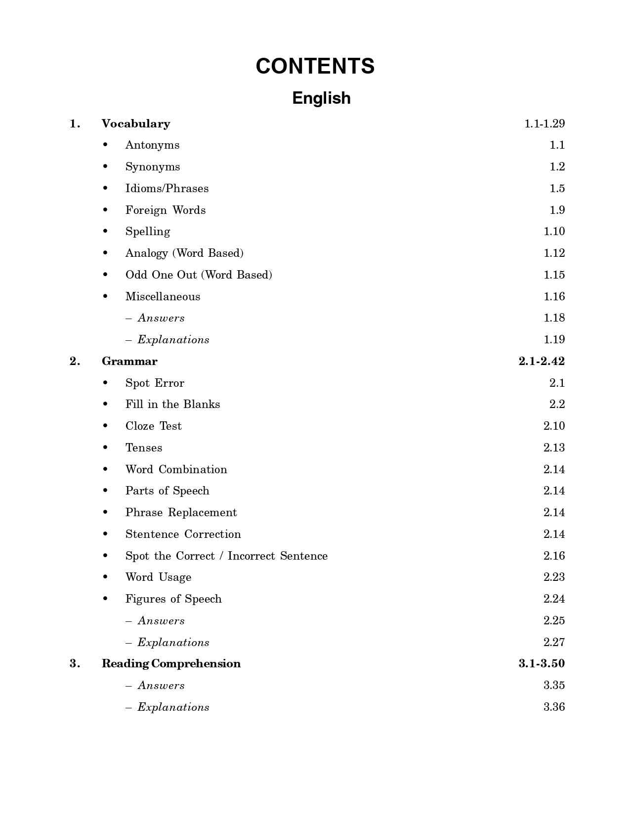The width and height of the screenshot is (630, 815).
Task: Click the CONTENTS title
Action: point(315,66)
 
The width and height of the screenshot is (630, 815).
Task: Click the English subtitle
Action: point(321,98)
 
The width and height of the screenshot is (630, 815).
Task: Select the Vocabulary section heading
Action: point(136,123)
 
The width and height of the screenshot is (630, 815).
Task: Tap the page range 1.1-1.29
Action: point(544,123)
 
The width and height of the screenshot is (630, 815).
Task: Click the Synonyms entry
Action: point(152,167)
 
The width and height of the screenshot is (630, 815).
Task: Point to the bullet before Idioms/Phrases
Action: point(105,188)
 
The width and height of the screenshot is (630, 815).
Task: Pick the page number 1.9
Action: point(557,210)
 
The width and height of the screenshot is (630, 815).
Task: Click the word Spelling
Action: point(147,232)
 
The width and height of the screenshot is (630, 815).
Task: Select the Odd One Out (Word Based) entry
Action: point(199,275)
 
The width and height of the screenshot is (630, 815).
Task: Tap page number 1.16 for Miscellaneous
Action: point(554,296)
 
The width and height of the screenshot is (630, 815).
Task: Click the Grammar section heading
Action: point(129,361)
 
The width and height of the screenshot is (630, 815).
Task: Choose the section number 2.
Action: point(75,361)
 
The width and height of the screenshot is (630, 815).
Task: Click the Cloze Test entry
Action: point(153,426)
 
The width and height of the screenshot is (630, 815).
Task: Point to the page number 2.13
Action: point(554,448)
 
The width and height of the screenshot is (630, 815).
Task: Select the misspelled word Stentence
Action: point(152,534)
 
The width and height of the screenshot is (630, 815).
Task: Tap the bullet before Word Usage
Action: point(105,577)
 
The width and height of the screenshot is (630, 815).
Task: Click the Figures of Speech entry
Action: point(173,599)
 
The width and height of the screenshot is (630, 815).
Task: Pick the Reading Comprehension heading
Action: point(171,663)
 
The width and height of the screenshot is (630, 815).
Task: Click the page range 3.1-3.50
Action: point(542,663)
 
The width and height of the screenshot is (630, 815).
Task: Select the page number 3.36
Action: point(554,707)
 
